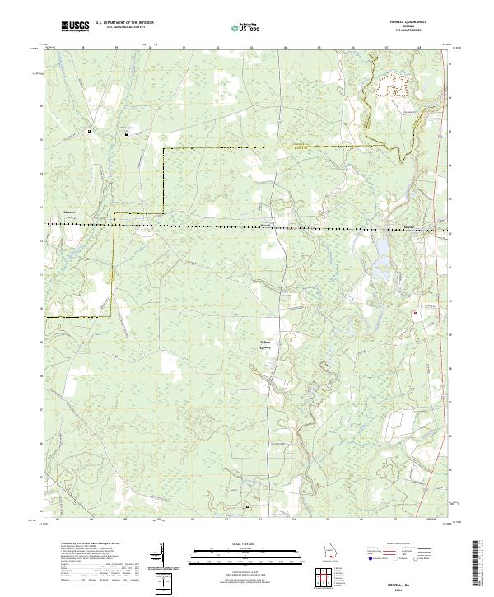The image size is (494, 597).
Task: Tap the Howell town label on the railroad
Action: pos(265,222)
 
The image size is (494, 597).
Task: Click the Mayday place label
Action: pos(409,222)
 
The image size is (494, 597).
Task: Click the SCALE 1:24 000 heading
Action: pos(246,543)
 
